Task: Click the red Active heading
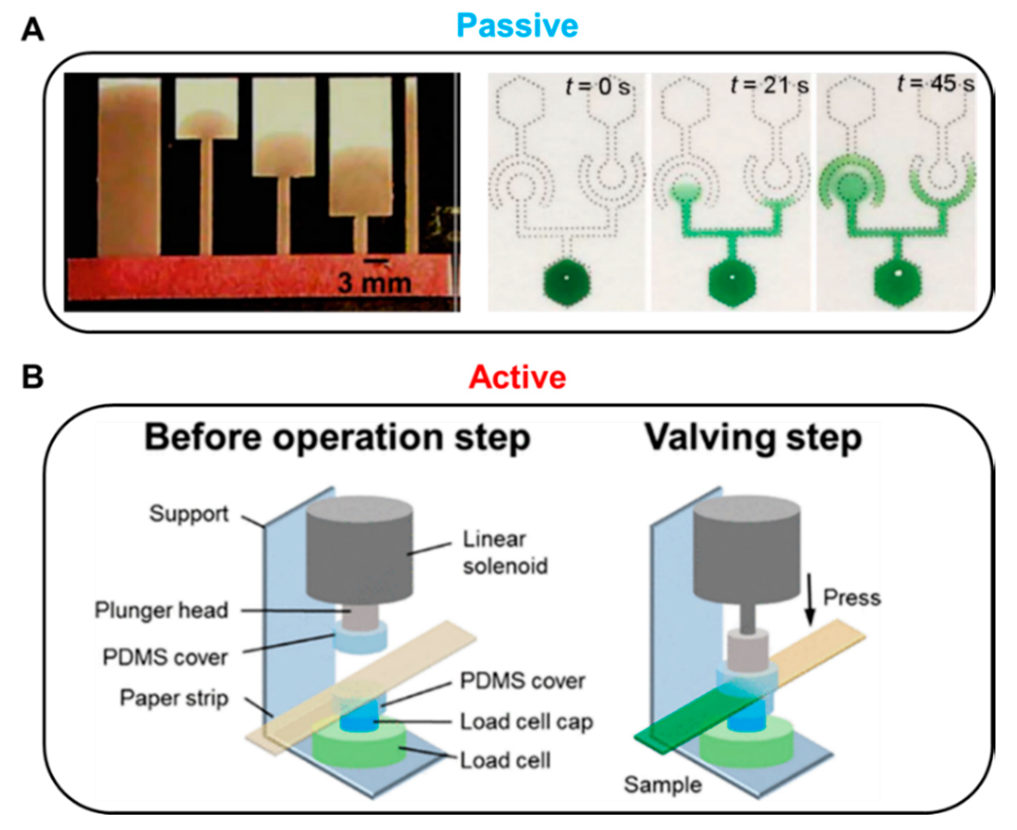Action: click(x=517, y=377)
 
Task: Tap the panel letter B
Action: click(x=32, y=377)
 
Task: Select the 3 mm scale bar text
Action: click(x=374, y=283)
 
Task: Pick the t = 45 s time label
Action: click(x=935, y=85)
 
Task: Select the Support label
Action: click(x=189, y=514)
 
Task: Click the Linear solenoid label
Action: click(x=504, y=553)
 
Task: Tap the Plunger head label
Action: click(x=161, y=610)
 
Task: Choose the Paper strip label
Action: click(x=174, y=698)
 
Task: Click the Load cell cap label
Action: click(x=526, y=722)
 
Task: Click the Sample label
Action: click(x=662, y=785)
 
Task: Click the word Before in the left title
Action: click(x=203, y=437)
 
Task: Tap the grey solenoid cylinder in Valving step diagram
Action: click(x=746, y=550)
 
